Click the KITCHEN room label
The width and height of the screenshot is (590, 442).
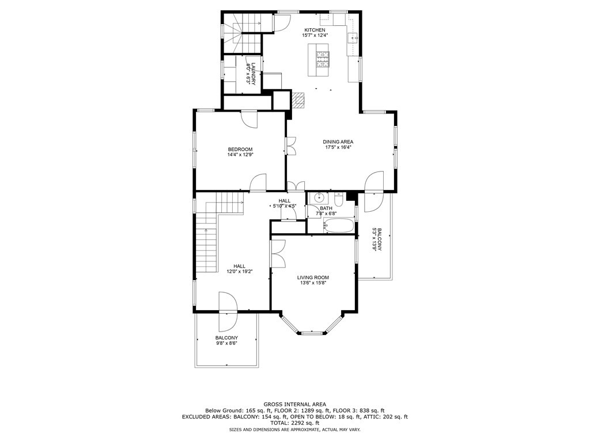315,30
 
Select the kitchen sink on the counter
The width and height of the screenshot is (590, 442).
353,39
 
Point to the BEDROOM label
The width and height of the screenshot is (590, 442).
240,149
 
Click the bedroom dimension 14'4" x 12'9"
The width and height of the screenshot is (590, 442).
240,154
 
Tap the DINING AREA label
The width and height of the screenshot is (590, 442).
338,142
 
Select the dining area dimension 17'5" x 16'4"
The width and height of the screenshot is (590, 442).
338,147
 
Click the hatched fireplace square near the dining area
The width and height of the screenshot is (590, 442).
297,100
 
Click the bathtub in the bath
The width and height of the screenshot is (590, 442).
338,225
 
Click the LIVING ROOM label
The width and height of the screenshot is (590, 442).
313,277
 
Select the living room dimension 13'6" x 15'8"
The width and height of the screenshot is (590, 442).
313,283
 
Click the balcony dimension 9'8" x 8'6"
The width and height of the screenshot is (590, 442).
226,343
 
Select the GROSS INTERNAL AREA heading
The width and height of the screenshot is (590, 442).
294,405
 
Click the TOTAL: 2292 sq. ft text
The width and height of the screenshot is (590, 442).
294,422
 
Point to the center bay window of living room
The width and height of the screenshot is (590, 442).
312,332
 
